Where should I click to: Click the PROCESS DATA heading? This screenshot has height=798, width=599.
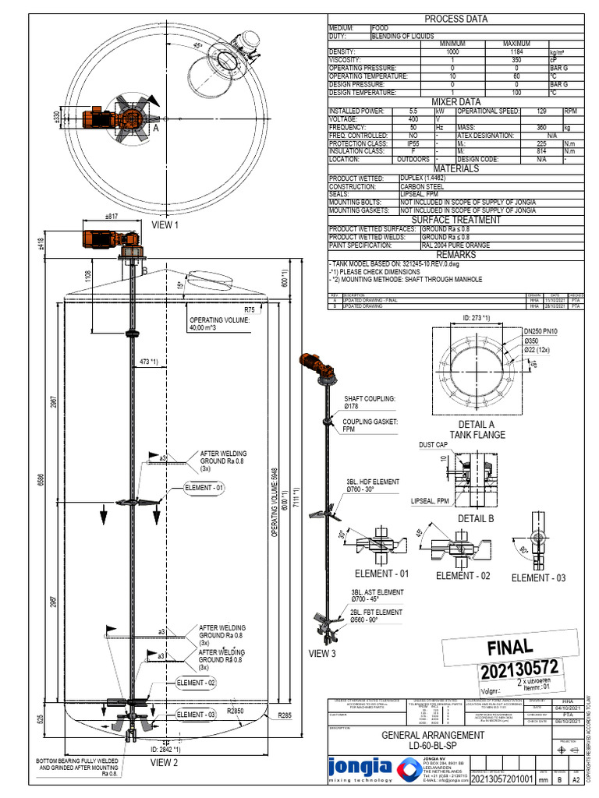(455, 19)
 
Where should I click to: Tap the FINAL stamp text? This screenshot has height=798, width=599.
(509, 648)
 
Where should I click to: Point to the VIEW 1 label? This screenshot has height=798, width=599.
(165, 225)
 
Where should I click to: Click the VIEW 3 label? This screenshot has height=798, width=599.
(321, 653)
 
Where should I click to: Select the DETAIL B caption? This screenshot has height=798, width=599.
(476, 518)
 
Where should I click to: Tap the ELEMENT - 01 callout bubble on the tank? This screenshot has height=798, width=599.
(204, 488)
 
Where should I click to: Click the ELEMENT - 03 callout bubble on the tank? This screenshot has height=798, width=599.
(196, 714)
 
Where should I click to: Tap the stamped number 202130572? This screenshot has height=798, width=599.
(509, 669)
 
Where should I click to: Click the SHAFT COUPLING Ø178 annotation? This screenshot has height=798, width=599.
(369, 402)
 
